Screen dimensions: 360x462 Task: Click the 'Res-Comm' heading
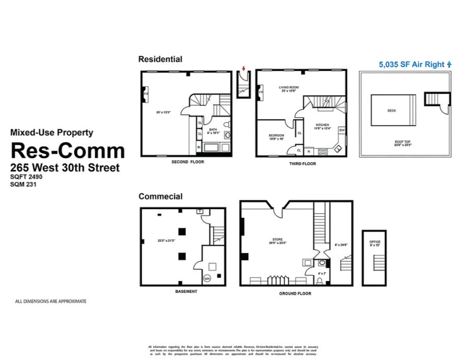pyautogui.click(x=68, y=150)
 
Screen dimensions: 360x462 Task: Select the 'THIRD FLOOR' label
pyautogui.click(x=302, y=164)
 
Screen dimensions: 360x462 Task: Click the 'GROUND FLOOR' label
pyautogui.click(x=295, y=294)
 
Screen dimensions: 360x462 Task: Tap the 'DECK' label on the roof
pyautogui.click(x=392, y=110)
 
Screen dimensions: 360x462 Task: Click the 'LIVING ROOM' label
pyautogui.click(x=288, y=87)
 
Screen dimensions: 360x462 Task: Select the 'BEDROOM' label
pyautogui.click(x=276, y=135)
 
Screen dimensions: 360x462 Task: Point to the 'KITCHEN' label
pyautogui.click(x=322, y=125)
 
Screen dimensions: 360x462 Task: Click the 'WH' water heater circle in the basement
pyautogui.click(x=208, y=278)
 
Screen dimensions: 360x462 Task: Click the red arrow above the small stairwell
pyautogui.click(x=244, y=68)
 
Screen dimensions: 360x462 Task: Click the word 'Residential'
pyautogui.click(x=160, y=59)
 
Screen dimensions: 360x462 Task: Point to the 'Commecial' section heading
pyautogui.click(x=160, y=196)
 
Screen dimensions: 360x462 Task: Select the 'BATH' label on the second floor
pyautogui.click(x=213, y=130)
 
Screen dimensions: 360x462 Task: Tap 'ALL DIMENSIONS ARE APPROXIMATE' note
pyautogui.click(x=50, y=301)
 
